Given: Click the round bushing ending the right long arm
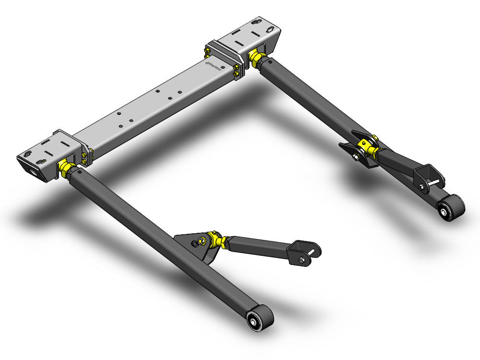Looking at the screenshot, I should tap(446, 209).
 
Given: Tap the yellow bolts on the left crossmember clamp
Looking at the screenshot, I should tap(87, 155).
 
